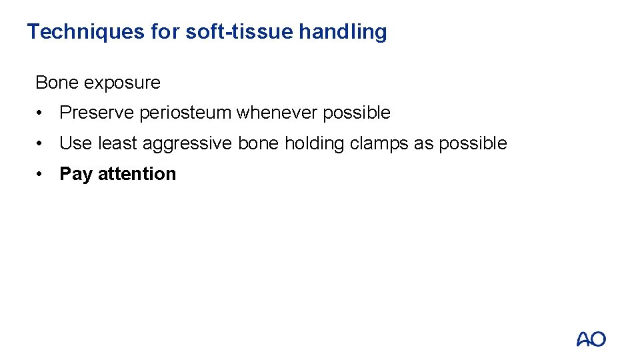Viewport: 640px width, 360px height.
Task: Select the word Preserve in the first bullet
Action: pos(97,113)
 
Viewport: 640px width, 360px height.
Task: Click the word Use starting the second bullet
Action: pos(75,143)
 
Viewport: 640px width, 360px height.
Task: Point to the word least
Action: pos(117,143)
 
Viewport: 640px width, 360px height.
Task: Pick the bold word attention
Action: pos(137,174)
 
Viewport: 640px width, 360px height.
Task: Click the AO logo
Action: pos(591,339)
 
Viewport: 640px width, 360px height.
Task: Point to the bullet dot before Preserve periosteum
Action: pos(41,113)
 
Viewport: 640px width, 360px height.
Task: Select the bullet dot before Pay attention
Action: pos(41,174)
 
